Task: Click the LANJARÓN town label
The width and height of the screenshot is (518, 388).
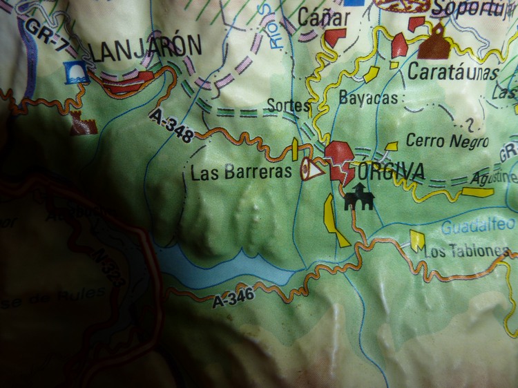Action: pos(146,48)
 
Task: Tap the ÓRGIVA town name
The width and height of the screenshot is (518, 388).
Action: pos(389,172)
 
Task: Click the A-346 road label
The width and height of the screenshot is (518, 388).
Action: pos(234,298)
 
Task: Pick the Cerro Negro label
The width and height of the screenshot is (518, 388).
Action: pos(447,142)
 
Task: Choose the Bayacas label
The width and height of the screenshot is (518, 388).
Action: pos(368,99)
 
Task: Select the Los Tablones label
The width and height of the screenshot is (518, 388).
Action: pos(467,252)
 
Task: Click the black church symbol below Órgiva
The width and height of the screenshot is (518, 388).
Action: pos(359,197)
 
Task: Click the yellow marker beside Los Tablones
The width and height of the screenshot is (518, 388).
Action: pos(417,240)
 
